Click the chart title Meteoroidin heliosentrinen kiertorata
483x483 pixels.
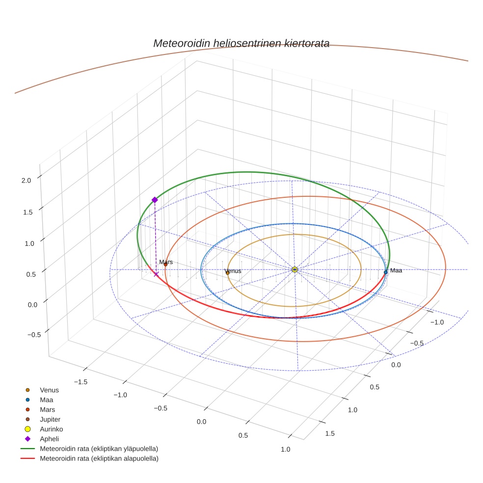241,43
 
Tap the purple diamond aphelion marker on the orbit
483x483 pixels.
155,200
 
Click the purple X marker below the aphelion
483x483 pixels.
156,274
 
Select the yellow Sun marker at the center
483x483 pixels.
295,269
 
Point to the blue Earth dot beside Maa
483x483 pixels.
386,272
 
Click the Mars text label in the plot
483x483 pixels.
166,263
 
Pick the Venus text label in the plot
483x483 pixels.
233,271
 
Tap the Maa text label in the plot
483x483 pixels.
396,270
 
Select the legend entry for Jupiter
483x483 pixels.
50,419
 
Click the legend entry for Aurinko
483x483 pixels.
51,429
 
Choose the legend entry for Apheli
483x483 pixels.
49,439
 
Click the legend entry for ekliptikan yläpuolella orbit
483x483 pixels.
99,449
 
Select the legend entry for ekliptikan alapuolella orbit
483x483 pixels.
99,458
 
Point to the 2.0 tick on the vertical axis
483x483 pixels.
26,181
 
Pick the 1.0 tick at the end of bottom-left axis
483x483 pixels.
285,449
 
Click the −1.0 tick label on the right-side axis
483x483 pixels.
437,322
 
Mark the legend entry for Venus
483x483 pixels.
49,390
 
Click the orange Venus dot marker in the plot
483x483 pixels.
227,273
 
